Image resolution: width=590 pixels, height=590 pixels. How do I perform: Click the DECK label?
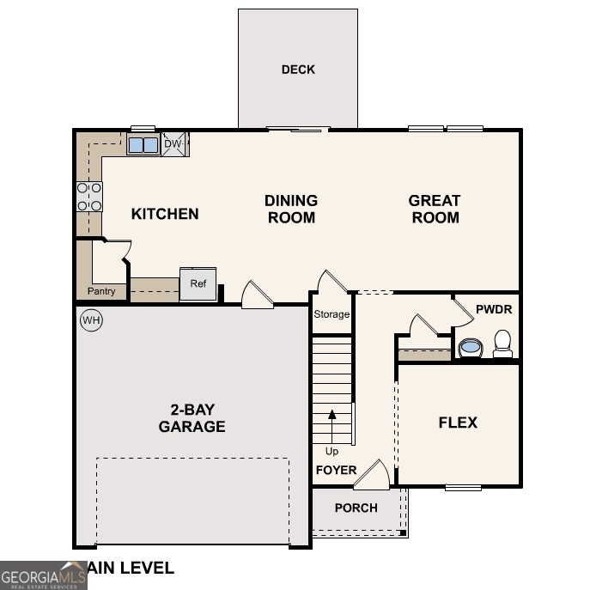[298, 70]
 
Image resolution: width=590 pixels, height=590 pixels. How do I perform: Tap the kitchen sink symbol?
[143, 144]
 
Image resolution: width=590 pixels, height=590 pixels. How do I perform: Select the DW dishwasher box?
[174, 144]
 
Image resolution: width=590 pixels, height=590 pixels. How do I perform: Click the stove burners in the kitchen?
[89, 197]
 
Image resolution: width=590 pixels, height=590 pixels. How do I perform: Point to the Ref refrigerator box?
[198, 284]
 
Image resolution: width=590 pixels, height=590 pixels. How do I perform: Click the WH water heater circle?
[90, 320]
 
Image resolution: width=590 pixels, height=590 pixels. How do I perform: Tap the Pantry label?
[101, 292]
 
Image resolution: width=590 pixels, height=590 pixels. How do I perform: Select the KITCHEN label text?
[165, 214]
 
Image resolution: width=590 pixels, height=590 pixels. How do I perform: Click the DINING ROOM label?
[291, 209]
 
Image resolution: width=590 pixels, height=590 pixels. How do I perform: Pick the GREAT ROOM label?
[435, 209]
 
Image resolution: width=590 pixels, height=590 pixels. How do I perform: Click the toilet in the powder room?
[502, 344]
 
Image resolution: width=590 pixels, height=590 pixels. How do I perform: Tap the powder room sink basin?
[470, 348]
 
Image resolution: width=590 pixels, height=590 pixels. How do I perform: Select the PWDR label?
[493, 308]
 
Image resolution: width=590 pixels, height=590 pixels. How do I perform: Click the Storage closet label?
[331, 314]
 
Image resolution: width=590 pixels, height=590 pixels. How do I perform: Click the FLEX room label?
[458, 423]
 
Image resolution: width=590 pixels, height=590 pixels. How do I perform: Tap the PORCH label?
[356, 508]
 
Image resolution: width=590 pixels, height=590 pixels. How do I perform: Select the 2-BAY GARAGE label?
[192, 418]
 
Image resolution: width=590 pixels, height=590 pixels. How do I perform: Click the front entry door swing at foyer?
[374, 475]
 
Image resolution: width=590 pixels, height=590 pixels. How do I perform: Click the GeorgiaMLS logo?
[43, 575]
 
